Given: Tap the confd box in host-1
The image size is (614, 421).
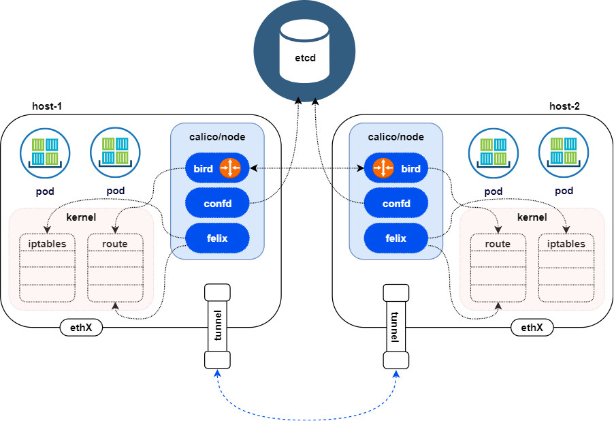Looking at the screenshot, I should click(216, 203).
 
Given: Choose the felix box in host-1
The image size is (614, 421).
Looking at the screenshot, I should click(216, 238).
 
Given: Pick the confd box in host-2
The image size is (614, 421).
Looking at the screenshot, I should click(396, 203).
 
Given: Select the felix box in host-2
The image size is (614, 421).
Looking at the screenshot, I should click(396, 238).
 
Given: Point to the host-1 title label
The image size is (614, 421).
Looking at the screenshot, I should click(47, 106).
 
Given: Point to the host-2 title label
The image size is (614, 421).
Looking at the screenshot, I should click(564, 106).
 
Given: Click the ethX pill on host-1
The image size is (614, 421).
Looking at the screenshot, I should click(81, 328).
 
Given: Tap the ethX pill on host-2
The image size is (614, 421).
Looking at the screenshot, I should click(532, 328).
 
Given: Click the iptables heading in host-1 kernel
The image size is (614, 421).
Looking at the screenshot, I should click(47, 244).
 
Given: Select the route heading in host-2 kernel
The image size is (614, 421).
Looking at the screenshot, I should click(498, 244).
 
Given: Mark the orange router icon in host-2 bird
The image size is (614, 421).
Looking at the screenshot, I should click(383, 168).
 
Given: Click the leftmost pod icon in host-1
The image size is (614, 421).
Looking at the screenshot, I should click(45, 151).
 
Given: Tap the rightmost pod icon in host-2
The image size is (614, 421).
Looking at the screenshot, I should click(564, 151).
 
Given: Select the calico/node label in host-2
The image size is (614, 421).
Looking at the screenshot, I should click(396, 137).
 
